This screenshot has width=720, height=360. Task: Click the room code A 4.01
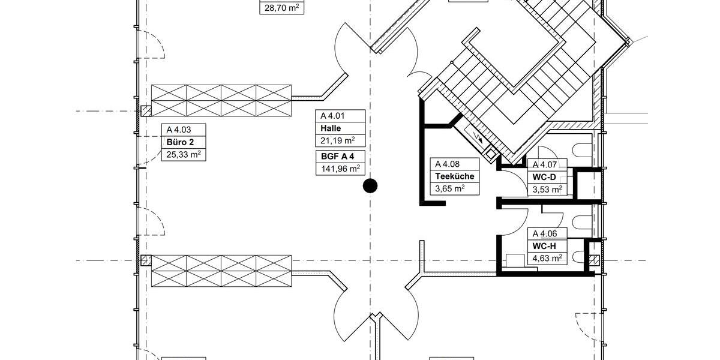(333, 116)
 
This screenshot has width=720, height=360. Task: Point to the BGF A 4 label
(337, 157)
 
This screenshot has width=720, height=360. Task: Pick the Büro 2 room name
(179, 142)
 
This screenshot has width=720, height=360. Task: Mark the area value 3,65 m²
(450, 189)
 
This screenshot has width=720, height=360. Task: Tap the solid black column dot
(371, 186)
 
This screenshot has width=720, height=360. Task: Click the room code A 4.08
(447, 164)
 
